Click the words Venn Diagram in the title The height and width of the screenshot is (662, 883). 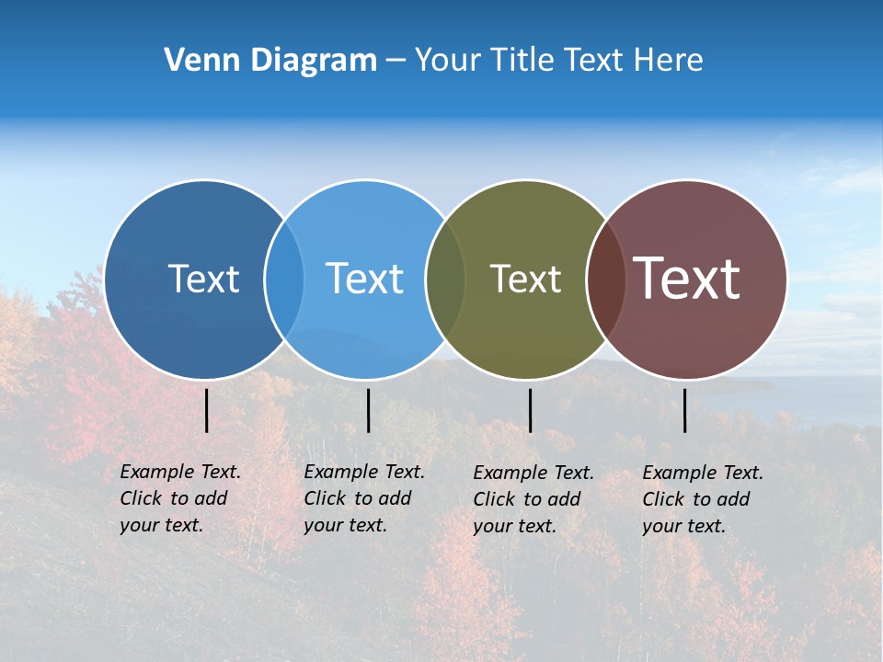[270, 61]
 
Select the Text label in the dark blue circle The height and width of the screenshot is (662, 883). [203, 279]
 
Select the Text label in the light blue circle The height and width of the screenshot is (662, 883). [364, 279]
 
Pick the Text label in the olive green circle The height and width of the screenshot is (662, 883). [525, 279]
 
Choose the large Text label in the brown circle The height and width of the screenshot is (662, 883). [687, 279]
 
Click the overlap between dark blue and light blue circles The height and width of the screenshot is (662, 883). [284, 279]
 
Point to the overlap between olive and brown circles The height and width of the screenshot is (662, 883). [605, 279]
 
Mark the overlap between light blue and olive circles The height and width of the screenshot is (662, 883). [444, 279]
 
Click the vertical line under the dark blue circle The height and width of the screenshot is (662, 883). [207, 410]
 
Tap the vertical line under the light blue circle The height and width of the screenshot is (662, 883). [368, 410]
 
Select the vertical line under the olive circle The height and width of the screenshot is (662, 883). [530, 410]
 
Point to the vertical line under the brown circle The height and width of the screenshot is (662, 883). [685, 410]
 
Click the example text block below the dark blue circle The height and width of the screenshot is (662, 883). [179, 498]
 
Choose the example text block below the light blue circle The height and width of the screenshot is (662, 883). [363, 498]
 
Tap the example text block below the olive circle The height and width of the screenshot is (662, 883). [533, 499]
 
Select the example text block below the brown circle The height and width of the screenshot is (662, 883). [702, 499]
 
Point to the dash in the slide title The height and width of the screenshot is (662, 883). [395, 61]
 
